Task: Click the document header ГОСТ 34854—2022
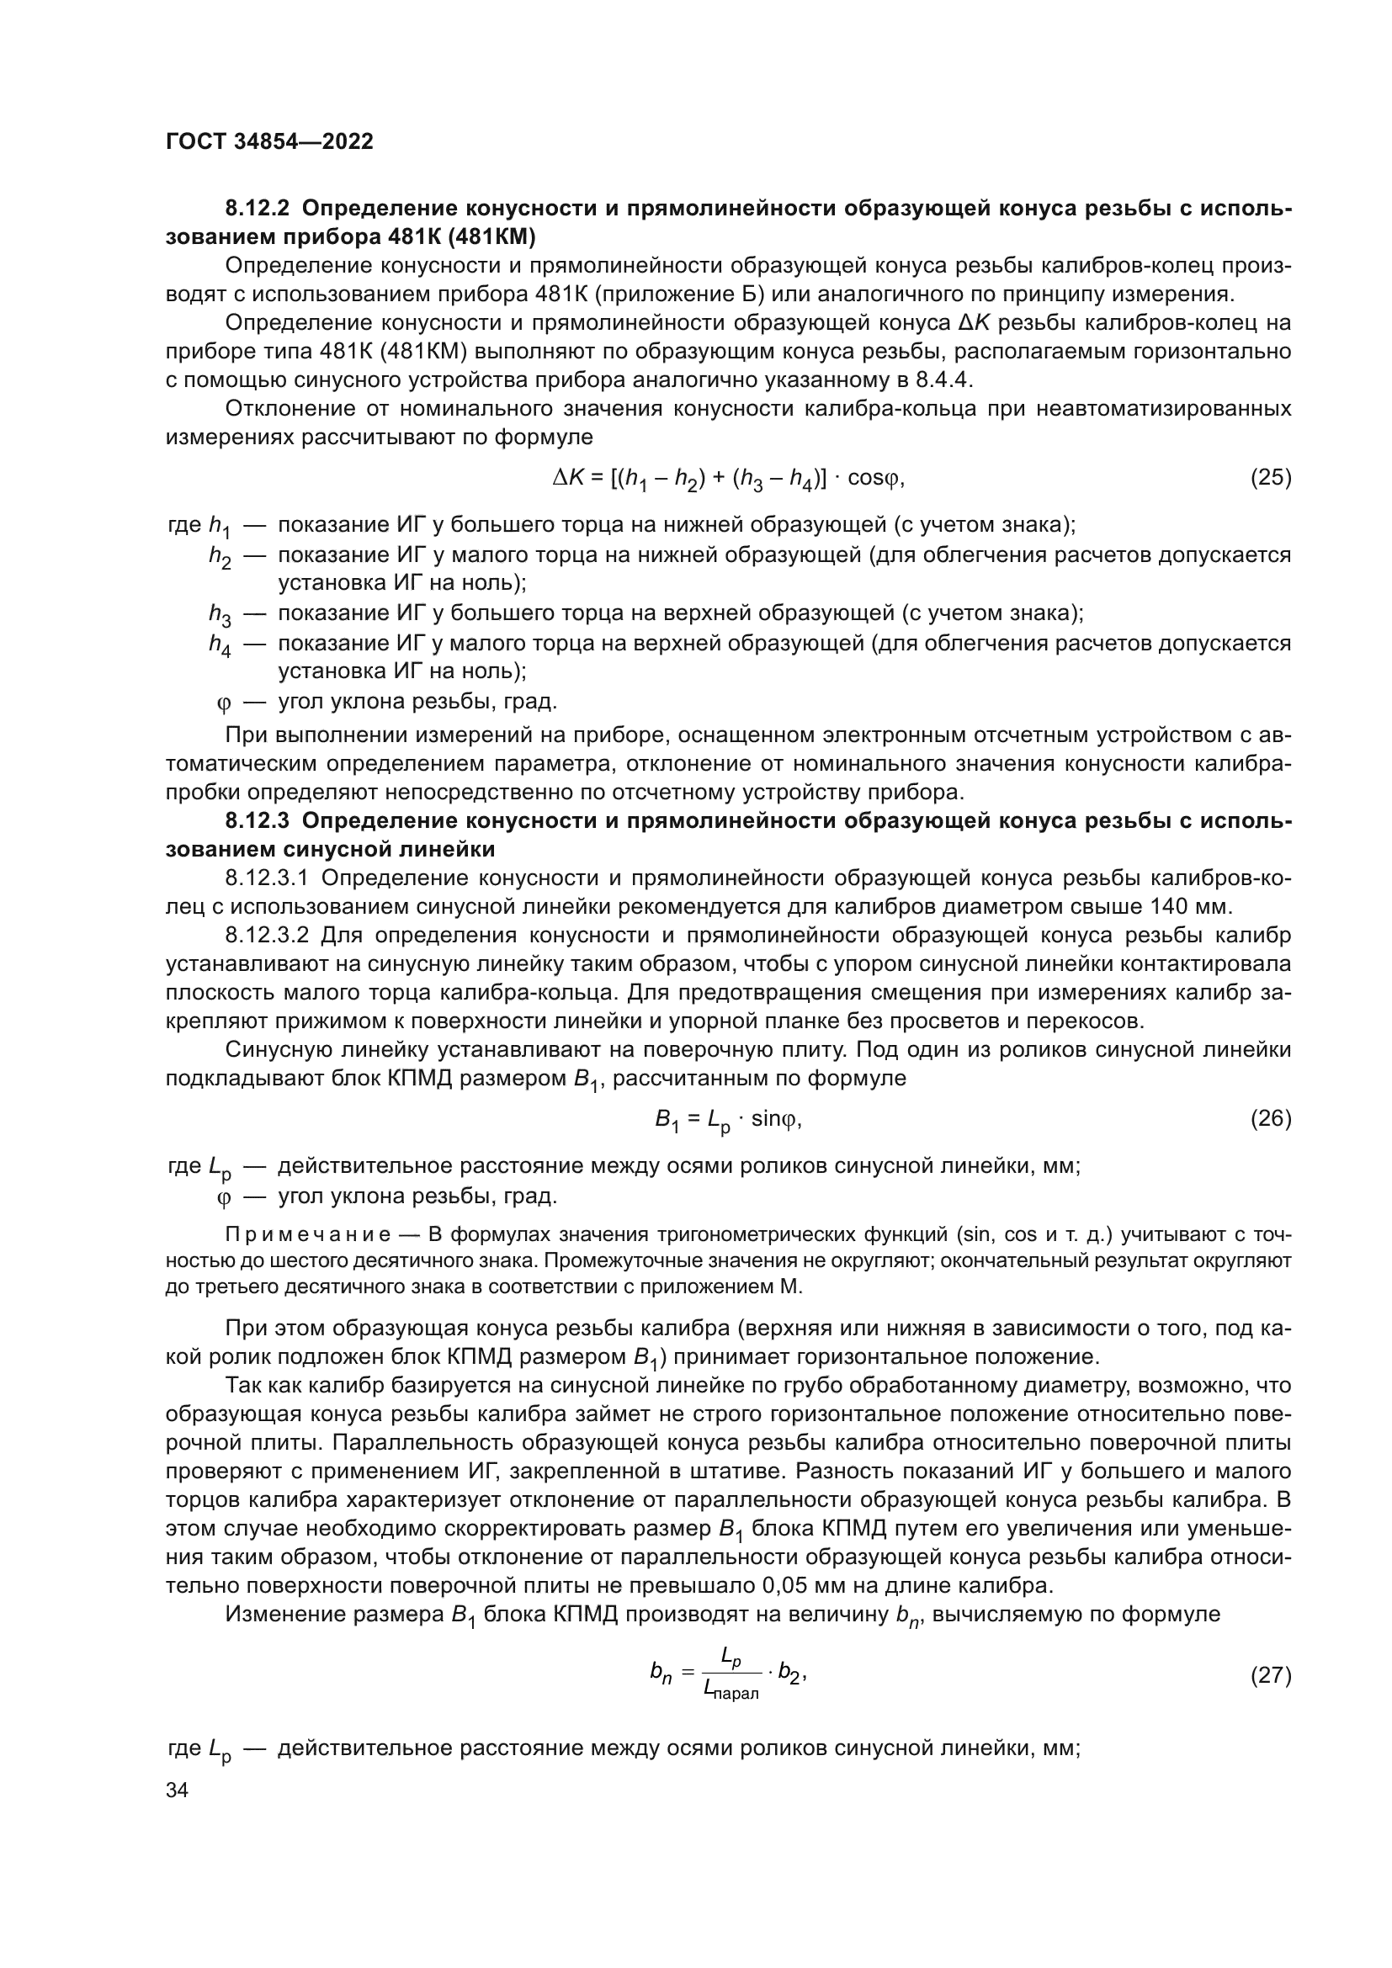click(269, 141)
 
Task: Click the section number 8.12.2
click(258, 209)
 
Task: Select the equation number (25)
click(1270, 477)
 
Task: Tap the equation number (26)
click(1270, 1118)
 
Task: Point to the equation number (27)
click(1270, 1674)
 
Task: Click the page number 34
click(177, 1790)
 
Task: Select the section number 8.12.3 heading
click(258, 821)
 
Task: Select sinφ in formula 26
click(775, 1118)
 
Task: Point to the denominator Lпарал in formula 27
click(731, 1690)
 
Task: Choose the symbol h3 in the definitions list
click(220, 614)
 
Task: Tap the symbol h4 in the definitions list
click(220, 645)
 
